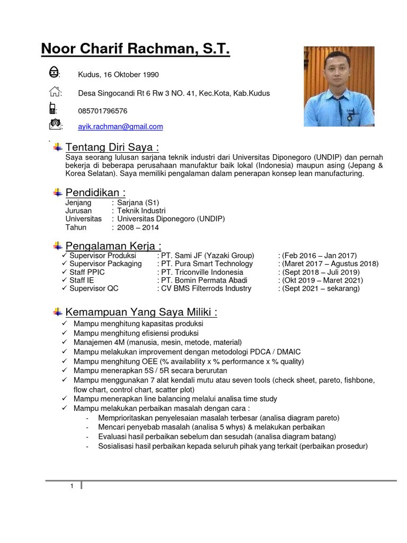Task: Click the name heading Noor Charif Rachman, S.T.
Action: pos(135,50)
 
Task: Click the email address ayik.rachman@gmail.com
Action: pos(120,127)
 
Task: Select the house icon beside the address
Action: pos(54,92)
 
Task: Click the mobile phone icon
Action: pos(53,109)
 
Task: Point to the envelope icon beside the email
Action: pos(55,125)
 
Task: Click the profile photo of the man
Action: pos(339,86)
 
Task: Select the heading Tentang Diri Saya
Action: pos(112,147)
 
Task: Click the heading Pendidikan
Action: pos(95,192)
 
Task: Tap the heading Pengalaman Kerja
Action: pos(113,246)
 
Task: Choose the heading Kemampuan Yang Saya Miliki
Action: pos(141,312)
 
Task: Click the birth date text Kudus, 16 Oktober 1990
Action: pos(118,75)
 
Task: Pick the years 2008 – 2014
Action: pos(138,227)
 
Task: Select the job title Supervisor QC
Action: pos(94,288)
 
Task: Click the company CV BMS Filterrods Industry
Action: pos(204,288)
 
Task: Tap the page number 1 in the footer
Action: pos(72,486)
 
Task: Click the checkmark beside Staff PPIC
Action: pos(64,272)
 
